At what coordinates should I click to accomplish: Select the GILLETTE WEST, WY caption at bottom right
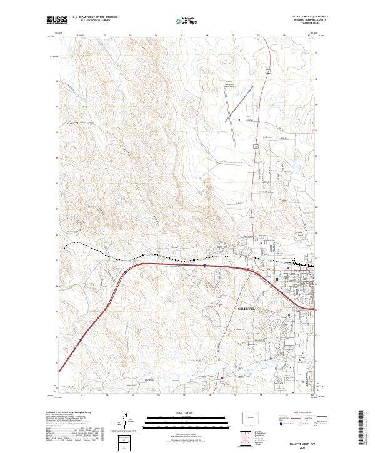point(302,442)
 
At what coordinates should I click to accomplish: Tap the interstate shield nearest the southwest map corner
point(81,341)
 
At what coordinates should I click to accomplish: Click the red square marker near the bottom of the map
point(222,377)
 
